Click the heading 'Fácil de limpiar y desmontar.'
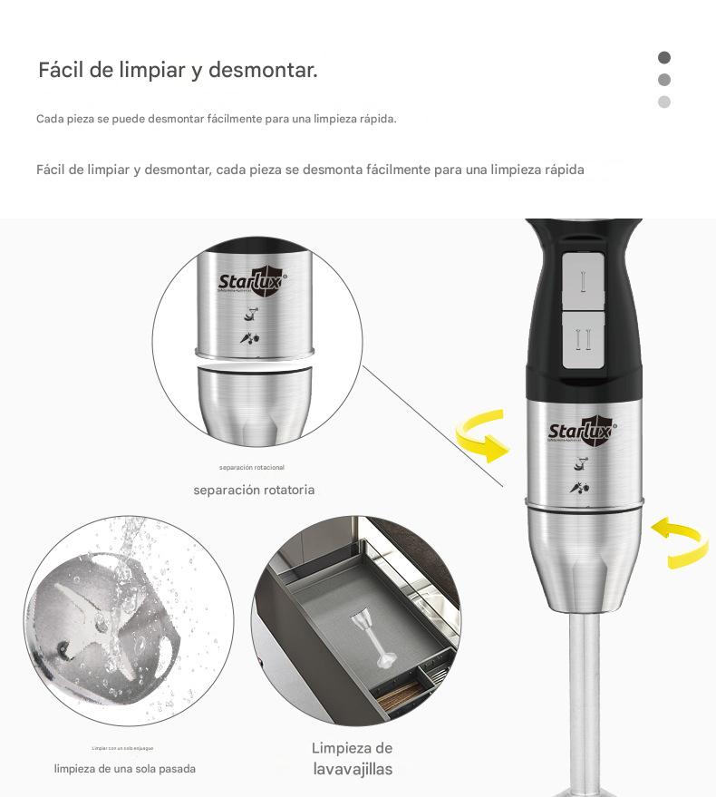point(178,70)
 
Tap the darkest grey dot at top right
point(664,57)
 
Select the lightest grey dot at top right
point(664,102)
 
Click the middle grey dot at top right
point(664,80)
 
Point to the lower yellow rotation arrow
point(681,542)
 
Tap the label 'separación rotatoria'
point(254,490)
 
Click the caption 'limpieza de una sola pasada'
point(124,769)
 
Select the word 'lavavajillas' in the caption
point(353,769)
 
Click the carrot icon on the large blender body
point(579,488)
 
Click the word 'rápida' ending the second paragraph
point(563,170)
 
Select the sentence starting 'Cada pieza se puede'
point(216,119)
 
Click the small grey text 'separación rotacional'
point(251,468)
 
